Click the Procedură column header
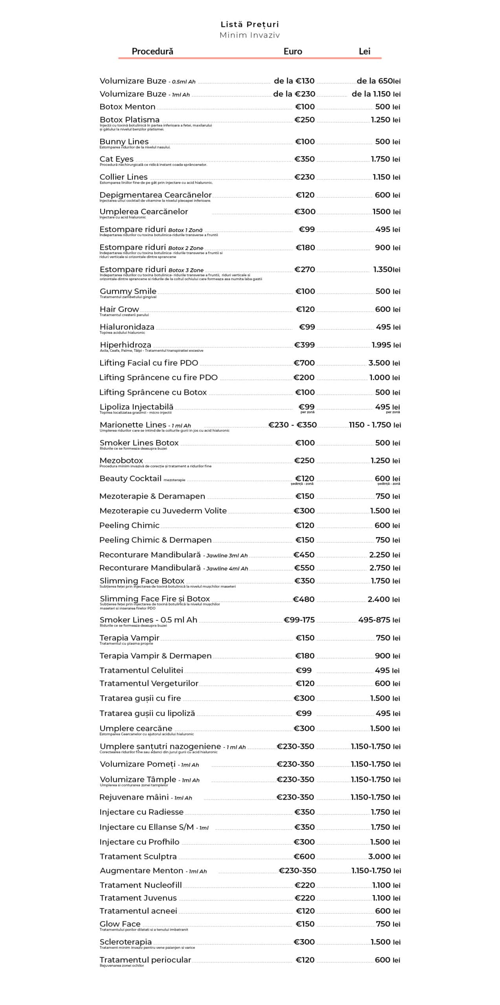[x=152, y=51]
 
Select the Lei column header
[x=364, y=51]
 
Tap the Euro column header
[x=293, y=51]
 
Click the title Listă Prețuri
[x=249, y=24]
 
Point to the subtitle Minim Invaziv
[x=249, y=35]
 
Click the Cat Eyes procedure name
[x=116, y=159]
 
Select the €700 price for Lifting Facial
[x=304, y=363]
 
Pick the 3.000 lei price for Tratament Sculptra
[x=384, y=856]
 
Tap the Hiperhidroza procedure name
[x=125, y=345]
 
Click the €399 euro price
[x=304, y=345]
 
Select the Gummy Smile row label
[x=128, y=291]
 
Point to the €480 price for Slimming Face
[x=304, y=599]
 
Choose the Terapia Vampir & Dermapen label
[x=155, y=656]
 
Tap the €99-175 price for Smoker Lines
[x=299, y=620]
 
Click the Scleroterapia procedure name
[x=125, y=942]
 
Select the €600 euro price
[x=304, y=856]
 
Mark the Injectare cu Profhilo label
[x=139, y=842]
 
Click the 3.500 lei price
[x=384, y=363]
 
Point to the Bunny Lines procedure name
[x=124, y=141]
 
